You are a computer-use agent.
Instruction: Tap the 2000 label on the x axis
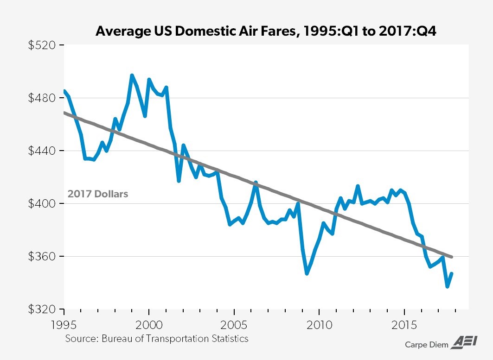pyautogui.click(x=149, y=323)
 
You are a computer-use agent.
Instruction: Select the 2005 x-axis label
pyautogui.click(x=234, y=323)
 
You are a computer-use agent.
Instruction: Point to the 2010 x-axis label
pyautogui.click(x=320, y=323)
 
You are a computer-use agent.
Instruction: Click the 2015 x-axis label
pyautogui.click(x=404, y=323)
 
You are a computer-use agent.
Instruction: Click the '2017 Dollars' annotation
pyautogui.click(x=98, y=194)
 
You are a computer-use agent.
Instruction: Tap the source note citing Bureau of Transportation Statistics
pyautogui.click(x=157, y=338)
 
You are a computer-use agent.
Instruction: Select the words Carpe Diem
pyautogui.click(x=427, y=345)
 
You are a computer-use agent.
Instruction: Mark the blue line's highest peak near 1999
pyautogui.click(x=132, y=75)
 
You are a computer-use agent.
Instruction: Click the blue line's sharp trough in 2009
pyautogui.click(x=307, y=273)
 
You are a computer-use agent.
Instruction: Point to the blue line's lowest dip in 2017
pyautogui.click(x=447, y=287)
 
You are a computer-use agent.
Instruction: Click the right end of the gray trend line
pyautogui.click(x=452, y=257)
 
